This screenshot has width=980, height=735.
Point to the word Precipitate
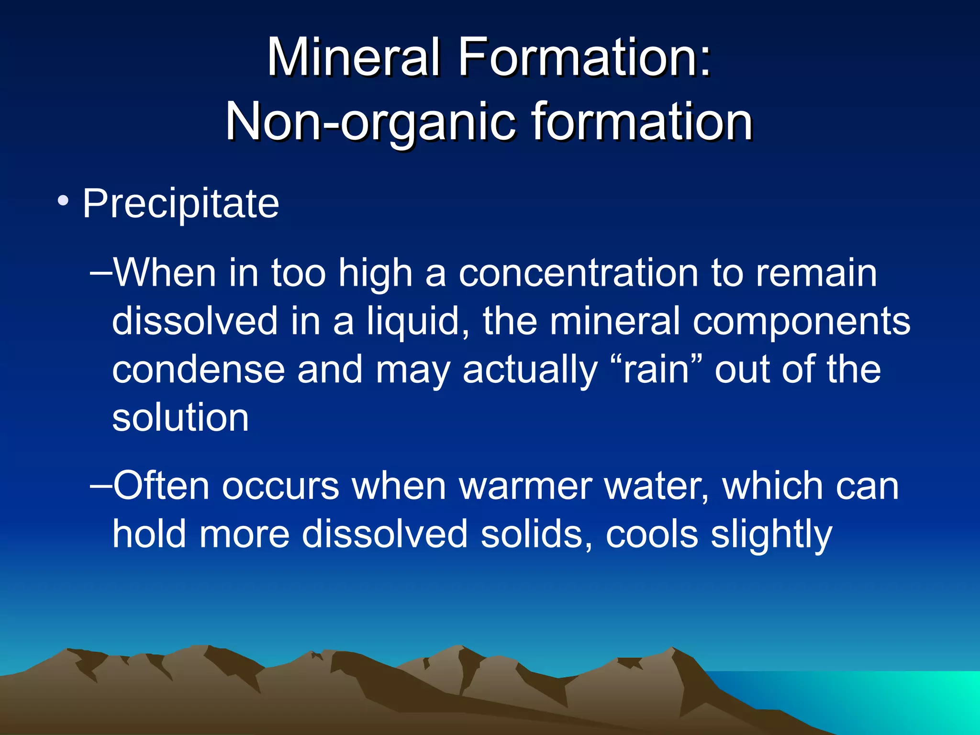[x=181, y=204]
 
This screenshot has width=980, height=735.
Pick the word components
[x=802, y=322]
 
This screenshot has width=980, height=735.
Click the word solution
[x=180, y=417]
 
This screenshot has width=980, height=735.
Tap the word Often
[x=161, y=486]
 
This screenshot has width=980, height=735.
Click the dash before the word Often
[x=100, y=485]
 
